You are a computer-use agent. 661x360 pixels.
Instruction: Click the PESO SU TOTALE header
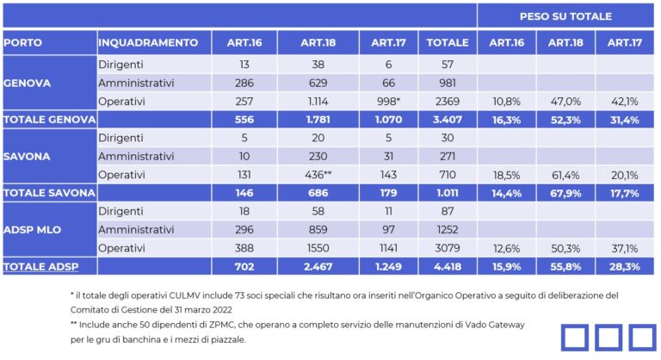click(565, 16)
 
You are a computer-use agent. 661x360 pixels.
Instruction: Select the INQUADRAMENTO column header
click(149, 42)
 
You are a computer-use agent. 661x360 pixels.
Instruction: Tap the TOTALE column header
click(448, 42)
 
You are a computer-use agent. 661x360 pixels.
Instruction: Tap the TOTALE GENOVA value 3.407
click(448, 120)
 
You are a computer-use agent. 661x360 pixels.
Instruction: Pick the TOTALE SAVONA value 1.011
click(448, 193)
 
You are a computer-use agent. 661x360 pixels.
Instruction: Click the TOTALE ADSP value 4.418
click(448, 267)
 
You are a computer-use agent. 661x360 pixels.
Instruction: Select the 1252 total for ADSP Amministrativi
click(448, 230)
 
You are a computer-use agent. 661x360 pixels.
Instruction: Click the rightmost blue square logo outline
click(641, 338)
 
